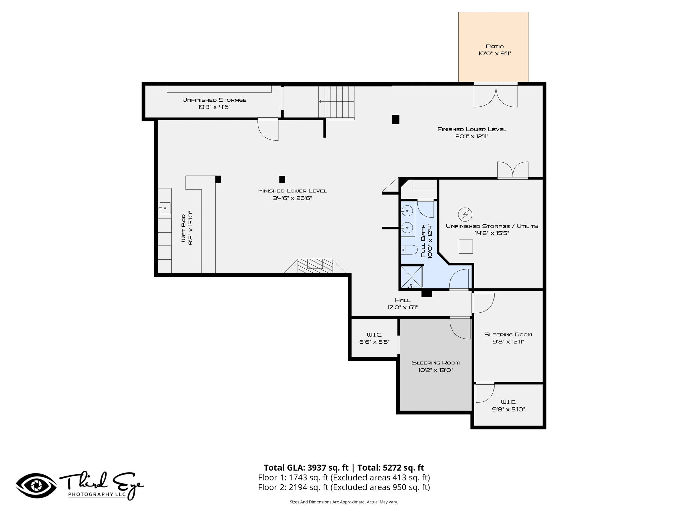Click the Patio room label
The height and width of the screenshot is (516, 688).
[494, 47]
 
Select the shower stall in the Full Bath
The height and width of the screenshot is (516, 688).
[412, 277]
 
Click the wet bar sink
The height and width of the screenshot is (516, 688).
[165, 208]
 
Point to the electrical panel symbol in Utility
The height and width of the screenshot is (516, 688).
[465, 214]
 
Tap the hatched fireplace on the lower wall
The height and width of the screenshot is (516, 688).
[315, 266]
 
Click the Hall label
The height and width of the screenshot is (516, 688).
[402, 300]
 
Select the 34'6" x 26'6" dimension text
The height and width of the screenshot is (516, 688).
[293, 198]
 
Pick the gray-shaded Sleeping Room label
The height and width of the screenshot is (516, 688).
[436, 363]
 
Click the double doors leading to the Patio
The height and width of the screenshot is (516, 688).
[496, 95]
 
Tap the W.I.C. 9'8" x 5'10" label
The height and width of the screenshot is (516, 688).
[509, 406]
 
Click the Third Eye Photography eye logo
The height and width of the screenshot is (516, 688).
[36, 486]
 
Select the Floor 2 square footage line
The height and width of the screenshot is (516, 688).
[344, 487]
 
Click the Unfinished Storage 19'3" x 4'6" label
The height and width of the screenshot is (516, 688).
[214, 103]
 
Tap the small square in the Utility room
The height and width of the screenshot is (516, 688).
[466, 247]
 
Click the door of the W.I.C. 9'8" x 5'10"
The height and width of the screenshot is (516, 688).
[485, 392]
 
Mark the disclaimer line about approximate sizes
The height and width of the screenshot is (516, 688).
[344, 502]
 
